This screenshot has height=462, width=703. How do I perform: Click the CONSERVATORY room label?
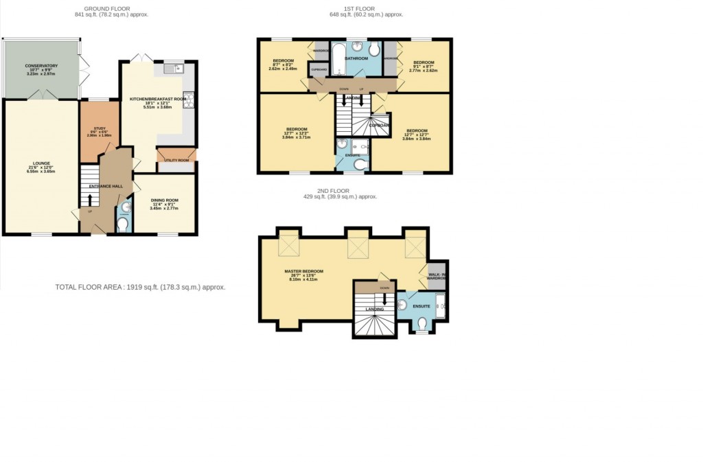click(x=41, y=66)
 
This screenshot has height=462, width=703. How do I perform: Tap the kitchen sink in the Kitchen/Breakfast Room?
click(x=172, y=68)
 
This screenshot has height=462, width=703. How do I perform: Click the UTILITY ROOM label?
click(x=176, y=160)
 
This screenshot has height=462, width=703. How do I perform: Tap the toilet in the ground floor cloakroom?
click(x=122, y=224)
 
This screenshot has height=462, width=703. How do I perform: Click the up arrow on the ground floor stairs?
click(x=88, y=199)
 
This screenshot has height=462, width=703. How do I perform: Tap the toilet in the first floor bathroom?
click(x=373, y=51)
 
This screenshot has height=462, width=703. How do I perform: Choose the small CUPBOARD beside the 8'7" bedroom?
click(x=318, y=69)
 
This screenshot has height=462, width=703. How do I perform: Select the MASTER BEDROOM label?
click(x=303, y=271)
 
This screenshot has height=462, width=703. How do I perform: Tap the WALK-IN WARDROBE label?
click(x=437, y=276)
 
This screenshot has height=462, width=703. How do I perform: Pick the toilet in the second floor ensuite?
click(x=422, y=323)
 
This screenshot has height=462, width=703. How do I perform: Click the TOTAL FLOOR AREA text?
click(x=140, y=287)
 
